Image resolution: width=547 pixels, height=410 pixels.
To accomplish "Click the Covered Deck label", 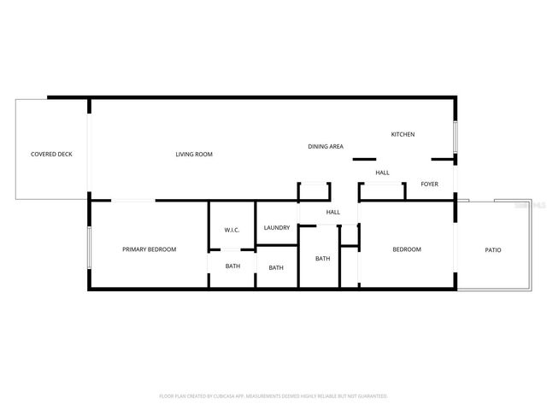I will (x=51, y=155).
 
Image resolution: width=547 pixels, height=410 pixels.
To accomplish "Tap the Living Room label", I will (x=194, y=155).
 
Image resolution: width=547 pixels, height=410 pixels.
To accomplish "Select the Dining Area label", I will (x=326, y=147).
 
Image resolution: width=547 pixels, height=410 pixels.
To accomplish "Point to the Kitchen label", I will (x=403, y=135).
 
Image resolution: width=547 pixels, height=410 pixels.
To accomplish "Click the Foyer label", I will (x=428, y=184).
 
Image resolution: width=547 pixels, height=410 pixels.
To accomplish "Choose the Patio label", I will (x=493, y=250).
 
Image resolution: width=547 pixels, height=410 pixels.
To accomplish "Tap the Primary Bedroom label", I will (x=149, y=249).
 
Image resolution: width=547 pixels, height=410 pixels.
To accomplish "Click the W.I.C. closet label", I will (x=232, y=230).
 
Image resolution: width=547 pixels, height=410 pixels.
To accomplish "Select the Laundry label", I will (x=277, y=228).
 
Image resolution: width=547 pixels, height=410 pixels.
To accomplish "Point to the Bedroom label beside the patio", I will (x=407, y=249).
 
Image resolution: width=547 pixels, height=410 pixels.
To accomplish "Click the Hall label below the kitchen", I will (x=382, y=173).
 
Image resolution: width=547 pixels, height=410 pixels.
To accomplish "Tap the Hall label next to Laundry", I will (x=332, y=212).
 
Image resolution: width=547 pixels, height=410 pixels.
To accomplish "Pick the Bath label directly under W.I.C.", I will (x=232, y=266).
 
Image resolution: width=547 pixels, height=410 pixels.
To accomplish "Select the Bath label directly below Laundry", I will (x=276, y=268).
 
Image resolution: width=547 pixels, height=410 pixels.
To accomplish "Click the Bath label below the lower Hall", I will (x=322, y=259).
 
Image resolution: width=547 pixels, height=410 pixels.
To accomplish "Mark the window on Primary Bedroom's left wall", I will (x=89, y=249).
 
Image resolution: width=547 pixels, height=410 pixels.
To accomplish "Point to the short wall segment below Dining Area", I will (x=365, y=159).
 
